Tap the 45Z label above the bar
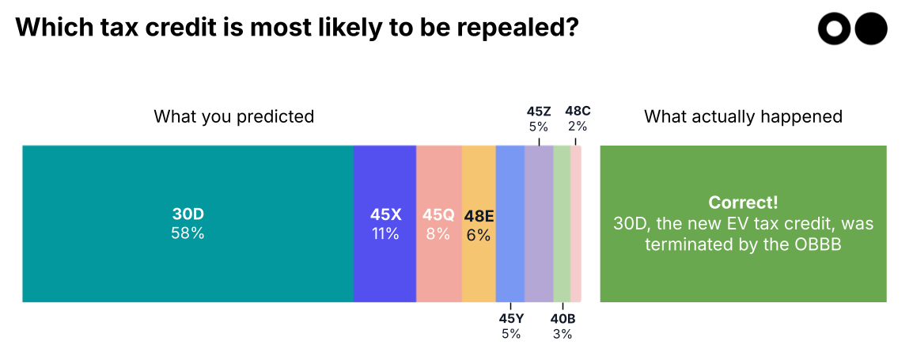[x=539, y=111]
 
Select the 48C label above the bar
[x=577, y=111]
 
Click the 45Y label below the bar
[x=511, y=319]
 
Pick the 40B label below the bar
[x=563, y=319]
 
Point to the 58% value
[x=188, y=234]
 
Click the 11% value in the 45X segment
[x=385, y=234]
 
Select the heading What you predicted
[x=234, y=116]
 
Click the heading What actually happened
[x=743, y=116]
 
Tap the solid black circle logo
[x=872, y=29]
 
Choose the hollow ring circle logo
[x=834, y=29]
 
